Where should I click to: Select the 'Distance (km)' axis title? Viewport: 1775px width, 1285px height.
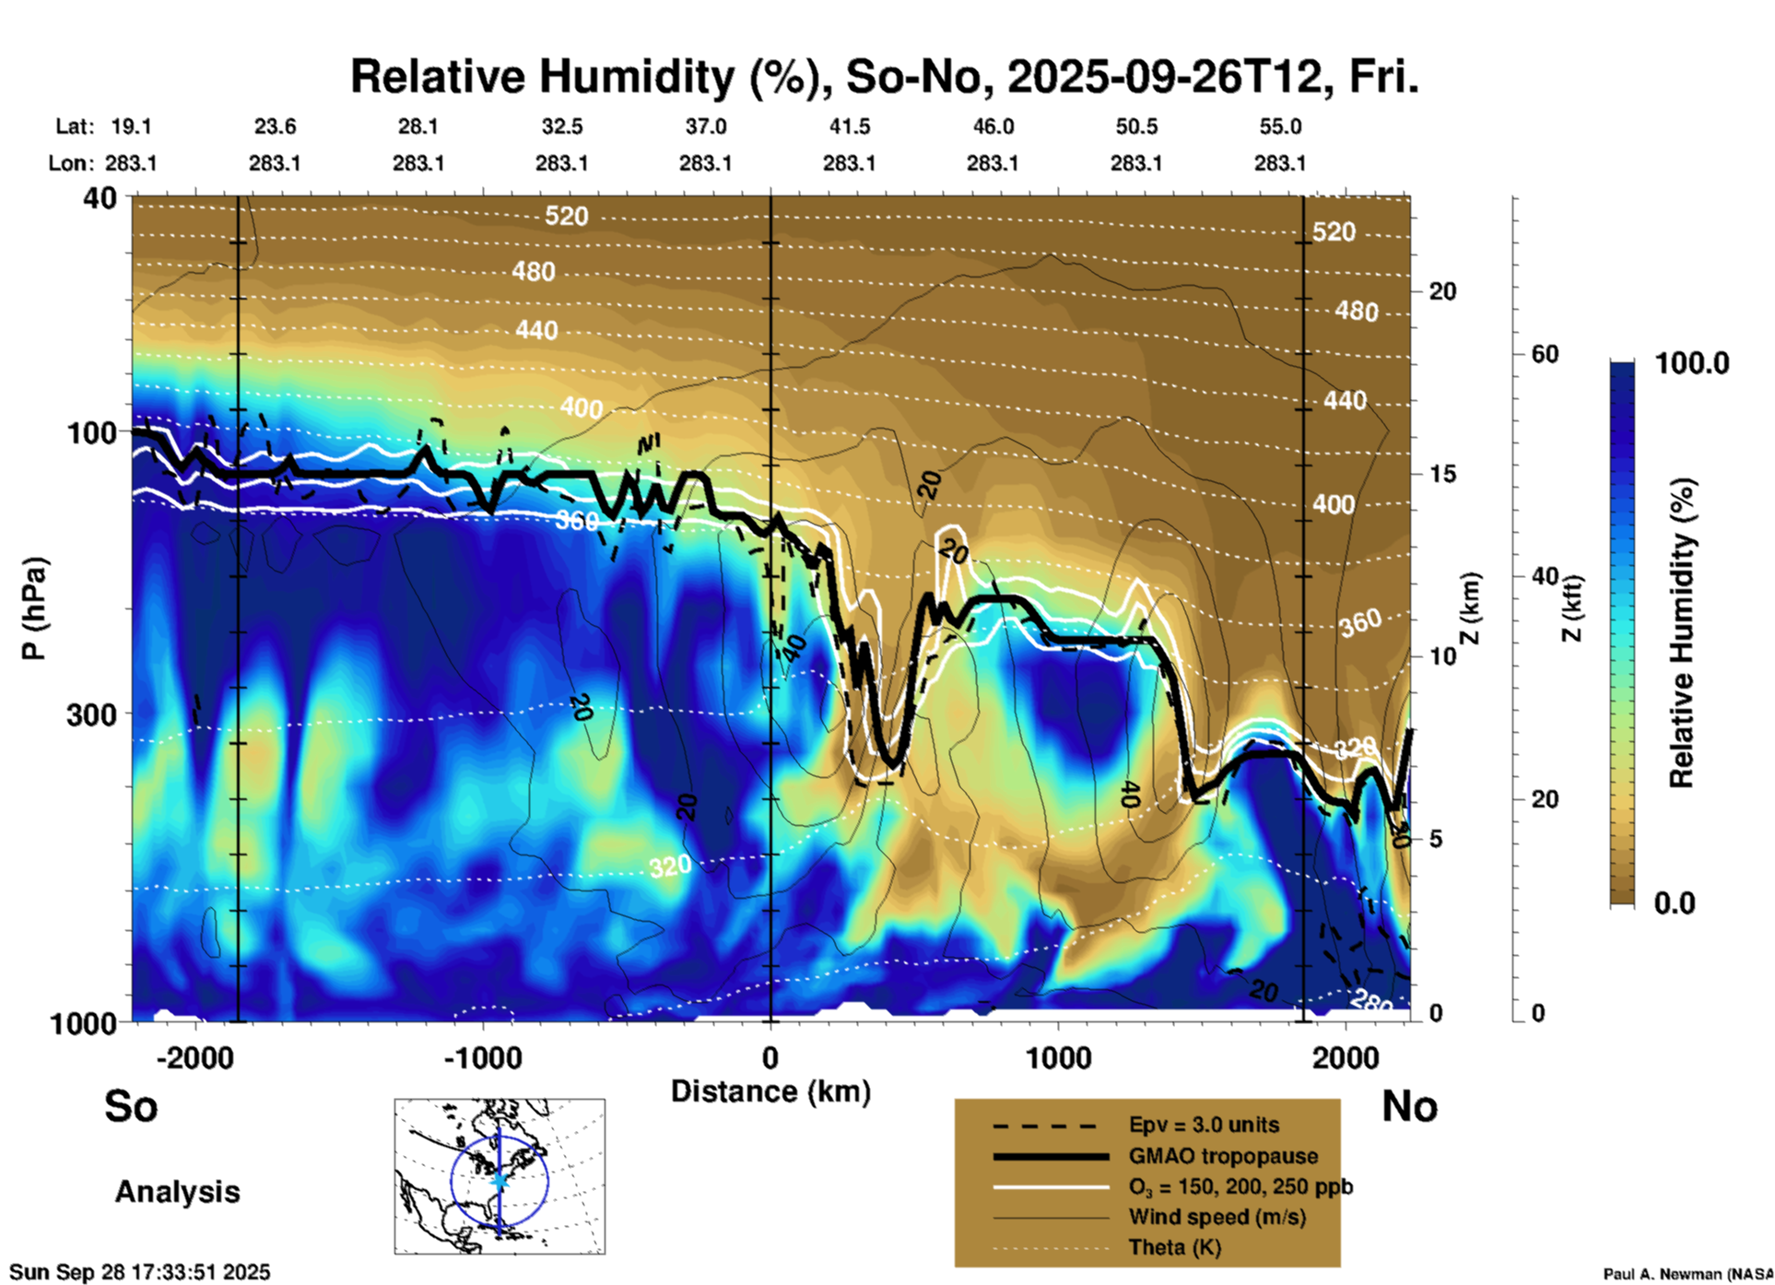[x=770, y=1091]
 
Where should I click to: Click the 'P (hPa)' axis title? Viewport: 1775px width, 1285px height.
[x=34, y=608]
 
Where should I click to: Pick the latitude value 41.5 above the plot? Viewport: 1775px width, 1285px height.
[x=849, y=126]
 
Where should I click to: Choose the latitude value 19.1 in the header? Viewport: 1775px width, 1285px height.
[x=131, y=126]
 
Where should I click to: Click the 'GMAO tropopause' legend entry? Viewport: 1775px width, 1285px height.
[x=1223, y=1156]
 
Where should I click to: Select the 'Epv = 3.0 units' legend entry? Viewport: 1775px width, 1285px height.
[x=1204, y=1126]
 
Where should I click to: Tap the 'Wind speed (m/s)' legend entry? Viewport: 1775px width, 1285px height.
[x=1217, y=1217]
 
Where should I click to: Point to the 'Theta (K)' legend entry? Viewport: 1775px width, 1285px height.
[x=1175, y=1247]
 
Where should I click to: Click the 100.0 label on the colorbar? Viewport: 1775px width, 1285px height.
[x=1692, y=363]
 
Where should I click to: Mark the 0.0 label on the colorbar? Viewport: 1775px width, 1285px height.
[x=1675, y=902]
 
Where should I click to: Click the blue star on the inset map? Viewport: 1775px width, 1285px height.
[x=500, y=1180]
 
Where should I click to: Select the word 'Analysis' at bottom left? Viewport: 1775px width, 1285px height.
[x=177, y=1192]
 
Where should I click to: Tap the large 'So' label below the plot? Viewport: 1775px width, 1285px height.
[x=131, y=1105]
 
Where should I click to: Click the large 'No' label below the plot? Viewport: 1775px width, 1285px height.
[x=1409, y=1105]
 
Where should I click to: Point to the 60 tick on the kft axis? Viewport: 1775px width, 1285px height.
[x=1545, y=354]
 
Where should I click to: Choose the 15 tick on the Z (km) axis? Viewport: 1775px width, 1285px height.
[x=1442, y=474]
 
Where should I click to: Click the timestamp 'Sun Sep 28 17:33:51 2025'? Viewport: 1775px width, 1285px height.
[x=140, y=1272]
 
